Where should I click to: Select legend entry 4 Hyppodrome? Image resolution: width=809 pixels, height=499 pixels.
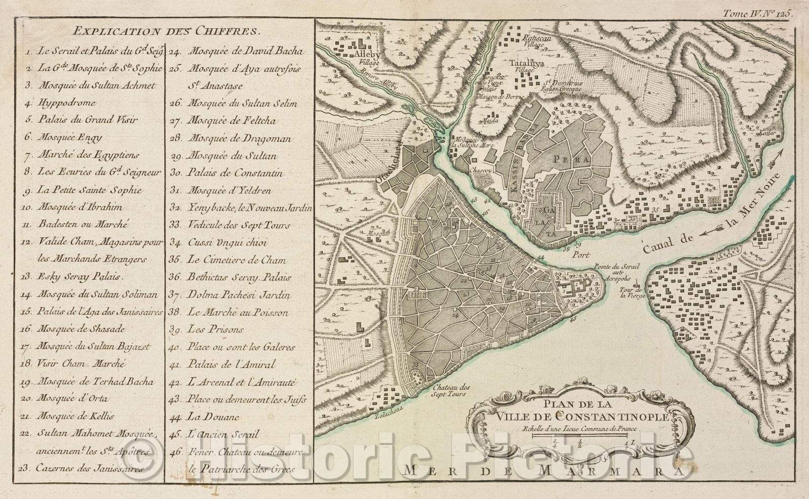click(x=66, y=103)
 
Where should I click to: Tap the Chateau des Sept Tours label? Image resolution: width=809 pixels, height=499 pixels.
click(x=452, y=391)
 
